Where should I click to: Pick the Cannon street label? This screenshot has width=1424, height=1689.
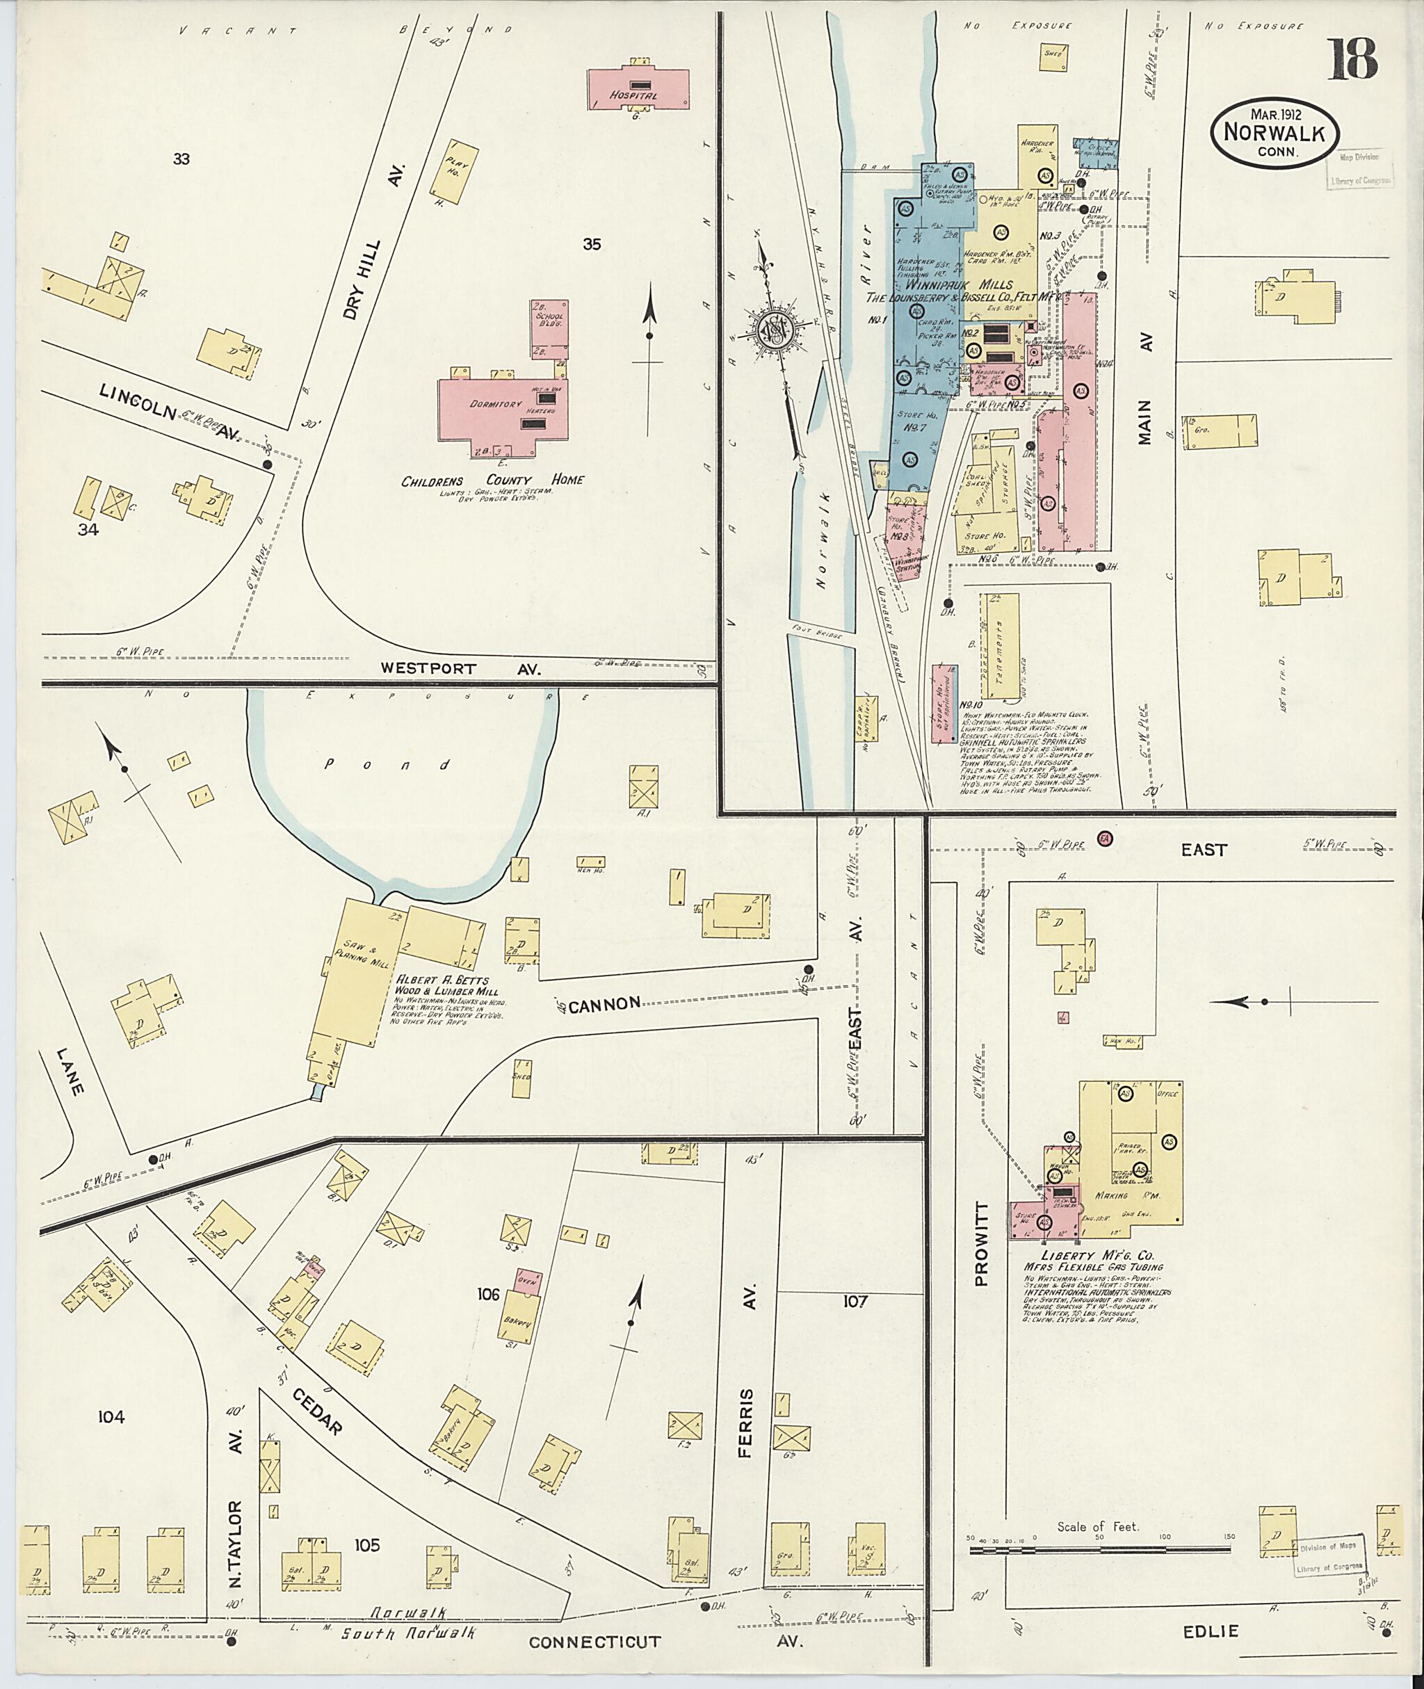pyautogui.click(x=606, y=1003)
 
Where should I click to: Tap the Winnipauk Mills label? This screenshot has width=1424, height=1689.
pyautogui.click(x=953, y=285)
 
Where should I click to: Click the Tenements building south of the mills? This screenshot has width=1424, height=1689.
pyautogui.click(x=999, y=646)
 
